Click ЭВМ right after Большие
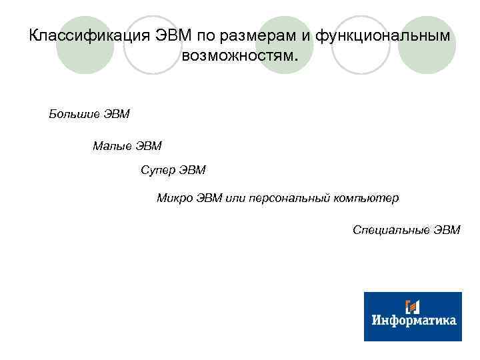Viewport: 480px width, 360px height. (x=117, y=114)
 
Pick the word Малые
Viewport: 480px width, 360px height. (x=112, y=145)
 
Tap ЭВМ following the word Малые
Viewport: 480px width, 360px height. (x=149, y=145)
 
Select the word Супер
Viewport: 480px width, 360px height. (x=157, y=170)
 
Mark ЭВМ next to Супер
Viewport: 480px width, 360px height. (x=193, y=170)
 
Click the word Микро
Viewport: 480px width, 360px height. (x=174, y=198)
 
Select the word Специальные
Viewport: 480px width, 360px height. (x=391, y=230)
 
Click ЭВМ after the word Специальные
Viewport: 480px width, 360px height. (x=447, y=230)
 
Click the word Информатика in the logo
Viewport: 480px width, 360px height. (x=413, y=321)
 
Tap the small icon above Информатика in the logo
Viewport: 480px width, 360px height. (x=413, y=306)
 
